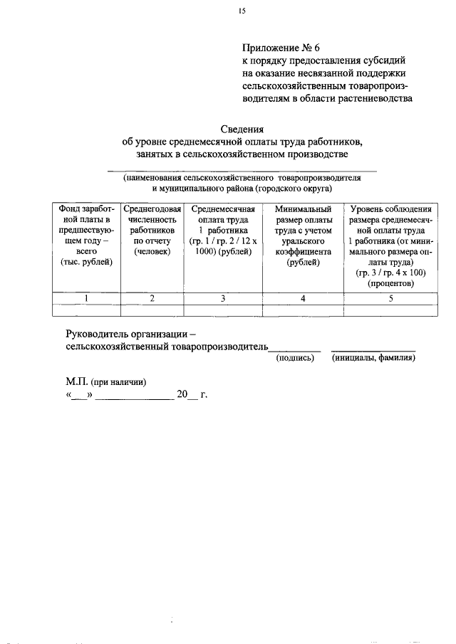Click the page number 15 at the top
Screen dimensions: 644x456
pyautogui.click(x=242, y=10)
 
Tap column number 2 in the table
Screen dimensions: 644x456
pyautogui.click(x=152, y=298)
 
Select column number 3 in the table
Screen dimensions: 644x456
pyautogui.click(x=224, y=298)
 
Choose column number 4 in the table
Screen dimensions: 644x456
pyautogui.click(x=303, y=298)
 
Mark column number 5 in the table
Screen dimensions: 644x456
pyautogui.click(x=391, y=298)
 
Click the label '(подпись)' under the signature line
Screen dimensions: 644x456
pyautogui.click(x=295, y=358)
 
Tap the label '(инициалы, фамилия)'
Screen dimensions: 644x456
pyautogui.click(x=374, y=358)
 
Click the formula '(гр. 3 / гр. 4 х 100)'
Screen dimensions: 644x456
pyautogui.click(x=391, y=273)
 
